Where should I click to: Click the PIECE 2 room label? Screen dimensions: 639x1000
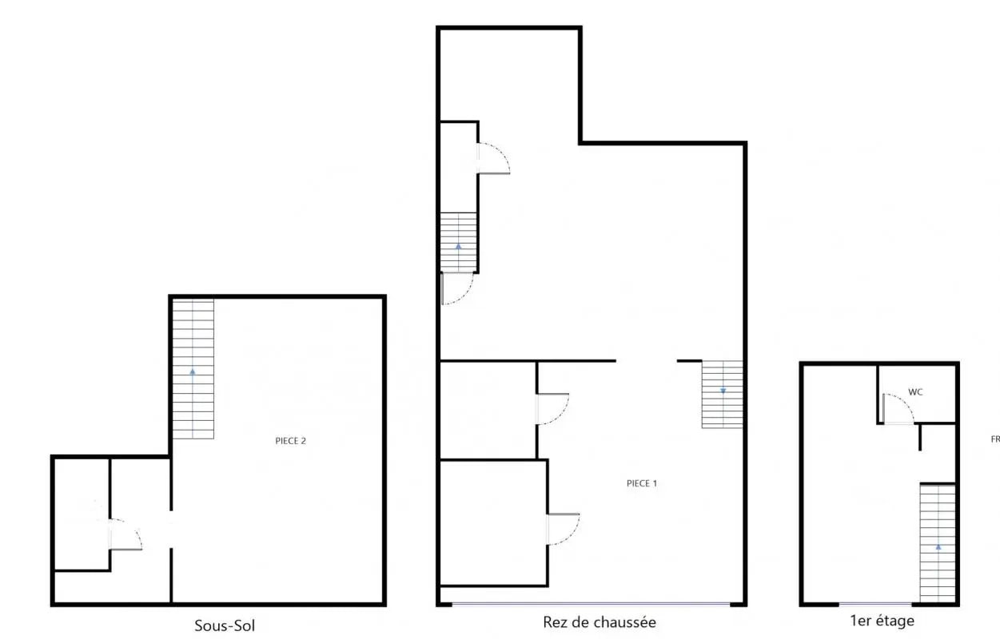coord(290,440)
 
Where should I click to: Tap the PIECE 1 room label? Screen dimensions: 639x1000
coord(642,483)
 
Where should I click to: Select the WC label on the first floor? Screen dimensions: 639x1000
coord(915,392)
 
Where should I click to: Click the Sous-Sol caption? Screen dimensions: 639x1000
coord(225,625)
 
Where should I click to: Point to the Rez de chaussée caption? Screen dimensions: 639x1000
coord(599,622)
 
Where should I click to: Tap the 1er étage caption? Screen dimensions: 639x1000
coord(882,620)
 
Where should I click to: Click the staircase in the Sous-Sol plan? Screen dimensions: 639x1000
coord(193,368)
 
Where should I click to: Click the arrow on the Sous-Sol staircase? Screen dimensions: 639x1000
coord(193,371)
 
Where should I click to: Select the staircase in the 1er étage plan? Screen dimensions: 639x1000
coord(938,542)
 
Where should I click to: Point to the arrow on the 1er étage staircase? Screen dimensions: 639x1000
coord(938,547)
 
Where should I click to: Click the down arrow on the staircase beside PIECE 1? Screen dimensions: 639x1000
coord(723,391)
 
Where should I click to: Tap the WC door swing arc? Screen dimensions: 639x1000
coord(900,409)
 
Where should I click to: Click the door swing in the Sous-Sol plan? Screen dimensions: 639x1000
coord(125,534)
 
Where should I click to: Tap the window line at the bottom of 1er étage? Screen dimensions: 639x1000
coord(875,604)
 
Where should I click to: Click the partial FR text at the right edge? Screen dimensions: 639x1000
coord(995,439)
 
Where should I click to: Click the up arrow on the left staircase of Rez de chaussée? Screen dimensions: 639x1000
coord(459,246)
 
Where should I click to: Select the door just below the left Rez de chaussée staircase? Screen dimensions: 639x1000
coord(457,289)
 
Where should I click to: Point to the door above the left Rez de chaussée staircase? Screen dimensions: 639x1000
coord(493,158)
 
